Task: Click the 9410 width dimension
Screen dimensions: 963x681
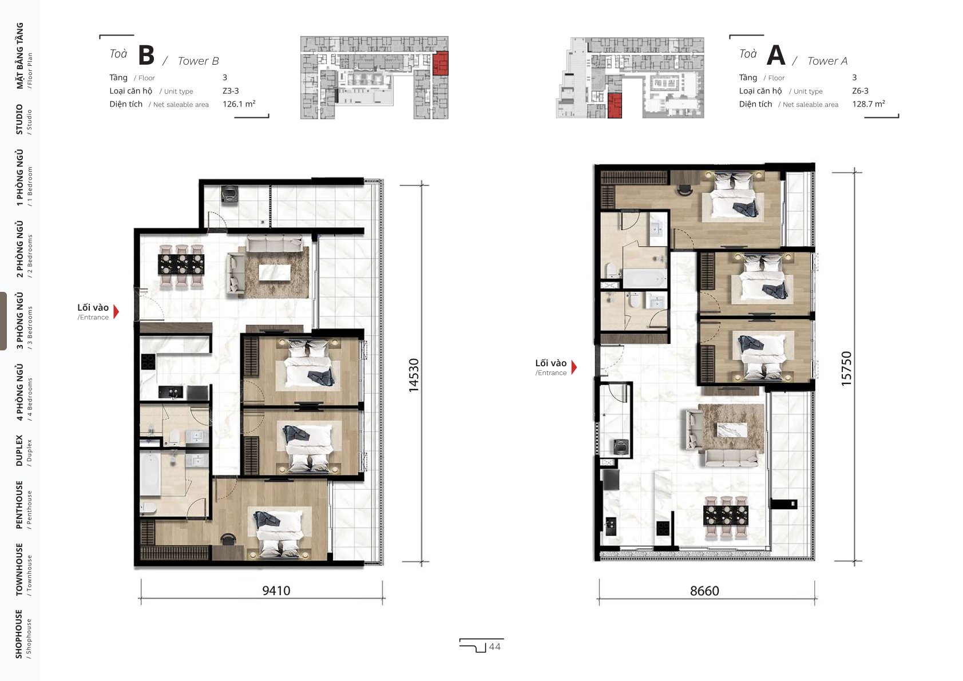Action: (x=276, y=590)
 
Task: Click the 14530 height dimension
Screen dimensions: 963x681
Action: (x=414, y=375)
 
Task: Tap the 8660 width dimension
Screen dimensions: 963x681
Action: (x=704, y=591)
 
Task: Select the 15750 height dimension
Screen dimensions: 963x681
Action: (x=846, y=369)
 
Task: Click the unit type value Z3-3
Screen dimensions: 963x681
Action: (x=231, y=91)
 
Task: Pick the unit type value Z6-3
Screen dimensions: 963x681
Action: (x=860, y=91)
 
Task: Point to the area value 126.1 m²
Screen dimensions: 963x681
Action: (x=239, y=104)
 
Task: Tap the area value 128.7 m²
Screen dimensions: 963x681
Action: (x=869, y=104)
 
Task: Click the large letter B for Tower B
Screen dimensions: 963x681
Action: (x=146, y=55)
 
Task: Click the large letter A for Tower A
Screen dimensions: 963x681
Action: (x=776, y=55)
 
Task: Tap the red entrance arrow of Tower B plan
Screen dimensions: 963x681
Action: (x=116, y=312)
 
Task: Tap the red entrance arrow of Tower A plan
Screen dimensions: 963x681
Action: (x=574, y=367)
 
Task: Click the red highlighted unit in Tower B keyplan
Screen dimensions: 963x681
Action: (x=440, y=63)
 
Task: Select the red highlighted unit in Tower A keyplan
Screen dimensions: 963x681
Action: (x=615, y=106)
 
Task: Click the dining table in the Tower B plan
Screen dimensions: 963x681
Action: (x=181, y=264)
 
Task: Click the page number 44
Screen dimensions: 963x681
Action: (x=495, y=647)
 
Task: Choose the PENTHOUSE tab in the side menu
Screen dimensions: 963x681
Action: (x=20, y=505)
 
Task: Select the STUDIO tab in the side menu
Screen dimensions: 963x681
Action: (x=20, y=119)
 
